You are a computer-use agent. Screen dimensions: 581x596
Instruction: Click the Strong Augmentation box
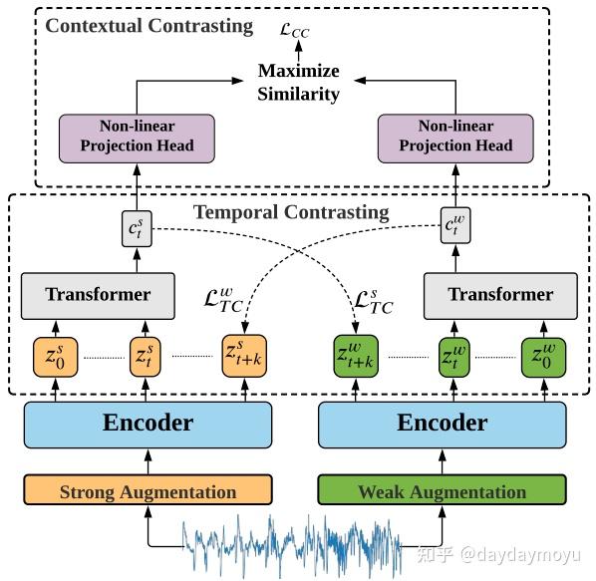click(148, 491)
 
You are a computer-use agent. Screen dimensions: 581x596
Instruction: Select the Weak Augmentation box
click(442, 491)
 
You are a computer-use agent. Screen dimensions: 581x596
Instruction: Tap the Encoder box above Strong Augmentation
click(148, 424)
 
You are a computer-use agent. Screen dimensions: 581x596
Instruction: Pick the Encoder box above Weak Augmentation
click(442, 424)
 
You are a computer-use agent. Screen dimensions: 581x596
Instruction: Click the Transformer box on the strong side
click(99, 295)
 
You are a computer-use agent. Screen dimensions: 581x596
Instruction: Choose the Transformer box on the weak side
click(499, 295)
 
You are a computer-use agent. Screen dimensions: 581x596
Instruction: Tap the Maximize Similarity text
click(299, 83)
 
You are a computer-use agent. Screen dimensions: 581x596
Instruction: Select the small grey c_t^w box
click(455, 228)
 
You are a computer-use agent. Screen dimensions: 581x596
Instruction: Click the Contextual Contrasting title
click(149, 26)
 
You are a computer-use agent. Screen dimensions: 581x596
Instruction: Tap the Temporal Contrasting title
click(291, 211)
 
